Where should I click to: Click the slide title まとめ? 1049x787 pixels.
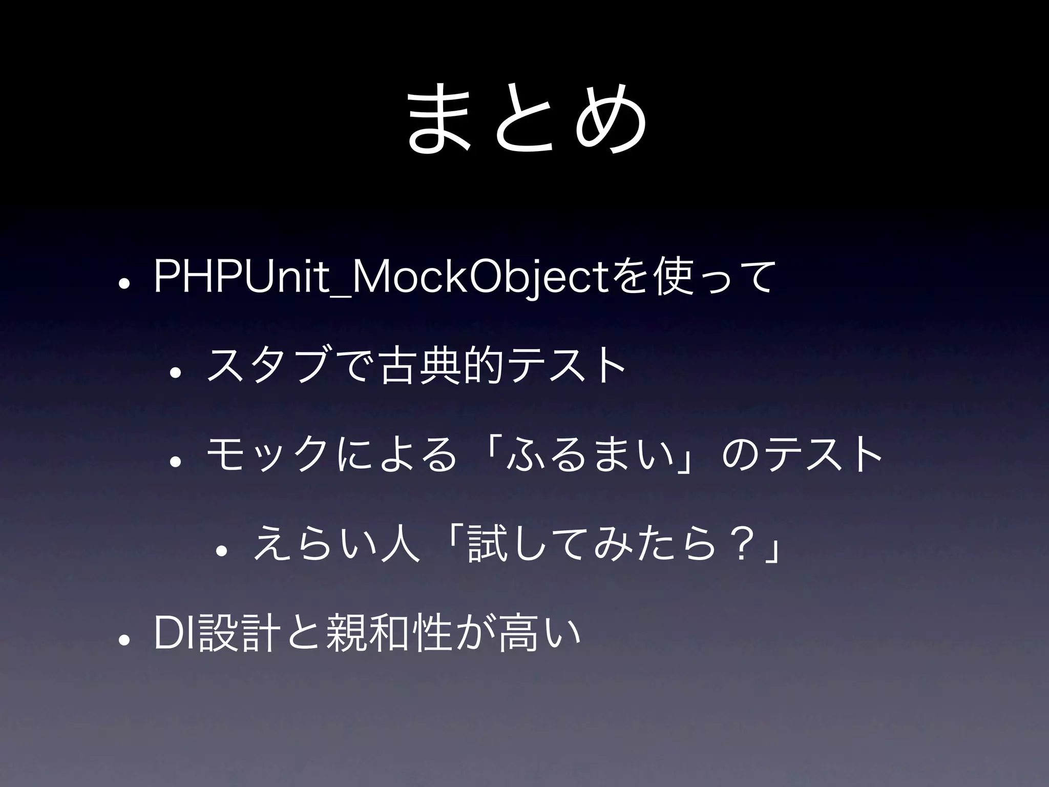pyautogui.click(x=524, y=119)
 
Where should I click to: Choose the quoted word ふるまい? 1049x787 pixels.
pyautogui.click(x=588, y=455)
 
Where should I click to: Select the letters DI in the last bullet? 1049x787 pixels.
pyautogui.click(x=175, y=635)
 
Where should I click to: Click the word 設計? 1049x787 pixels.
pyautogui.click(x=239, y=635)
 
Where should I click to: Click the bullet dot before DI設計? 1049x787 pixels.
pyautogui.click(x=123, y=641)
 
